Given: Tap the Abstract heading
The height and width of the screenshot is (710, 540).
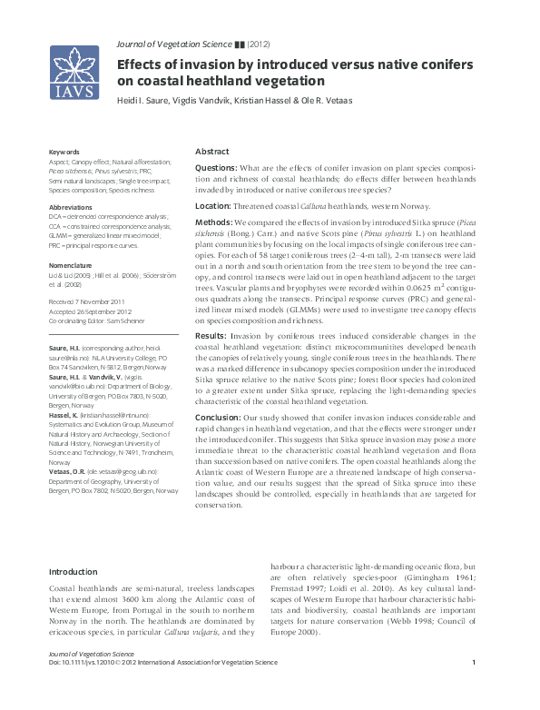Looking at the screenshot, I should pyautogui.click(x=212, y=153).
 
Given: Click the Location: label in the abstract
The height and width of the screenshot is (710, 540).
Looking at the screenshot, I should pyautogui.click(x=218, y=206).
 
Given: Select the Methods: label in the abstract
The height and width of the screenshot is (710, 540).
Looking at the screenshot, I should pyautogui.click(x=215, y=222).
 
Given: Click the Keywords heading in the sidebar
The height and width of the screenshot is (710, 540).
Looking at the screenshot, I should pyautogui.click(x=64, y=152).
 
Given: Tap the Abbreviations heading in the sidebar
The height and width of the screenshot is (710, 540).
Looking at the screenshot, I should pyautogui.click(x=69, y=208).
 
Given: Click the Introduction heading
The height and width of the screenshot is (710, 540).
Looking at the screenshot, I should pyautogui.click(x=73, y=572).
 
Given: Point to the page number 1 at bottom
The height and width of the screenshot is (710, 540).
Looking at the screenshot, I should pyautogui.click(x=475, y=686).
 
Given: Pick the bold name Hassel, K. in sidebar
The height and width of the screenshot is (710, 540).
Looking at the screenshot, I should pyautogui.click(x=65, y=414).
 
